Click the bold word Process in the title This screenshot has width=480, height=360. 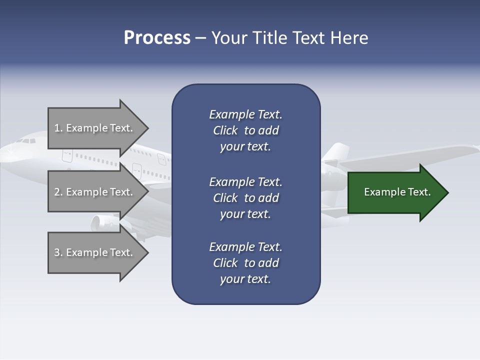coord(157,38)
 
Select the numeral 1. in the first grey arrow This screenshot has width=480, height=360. coord(58,128)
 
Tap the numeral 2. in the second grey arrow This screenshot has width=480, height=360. coord(58,192)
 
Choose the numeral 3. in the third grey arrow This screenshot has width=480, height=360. coord(58,252)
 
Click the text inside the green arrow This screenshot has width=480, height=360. coord(397,192)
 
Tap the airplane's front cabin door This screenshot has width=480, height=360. coord(67,155)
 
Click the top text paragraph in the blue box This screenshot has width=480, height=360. coord(245,130)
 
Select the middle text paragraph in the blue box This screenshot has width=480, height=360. coord(245,198)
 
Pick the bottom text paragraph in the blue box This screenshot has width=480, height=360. coord(245,263)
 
